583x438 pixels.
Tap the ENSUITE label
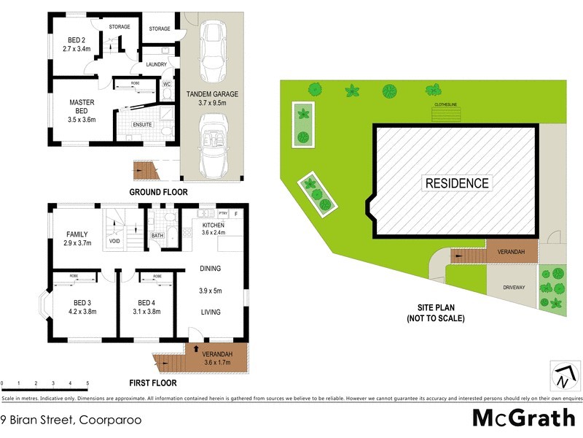click(141, 125)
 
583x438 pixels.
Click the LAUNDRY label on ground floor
click(156, 64)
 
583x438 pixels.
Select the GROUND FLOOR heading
click(158, 193)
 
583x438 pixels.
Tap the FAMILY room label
click(77, 234)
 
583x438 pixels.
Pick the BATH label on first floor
click(157, 236)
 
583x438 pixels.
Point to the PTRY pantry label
click(223, 214)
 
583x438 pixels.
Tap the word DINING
click(210, 269)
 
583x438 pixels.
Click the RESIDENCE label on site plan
click(457, 182)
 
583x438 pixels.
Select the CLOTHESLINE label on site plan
click(446, 104)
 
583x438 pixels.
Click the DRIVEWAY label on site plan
click(513, 288)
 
